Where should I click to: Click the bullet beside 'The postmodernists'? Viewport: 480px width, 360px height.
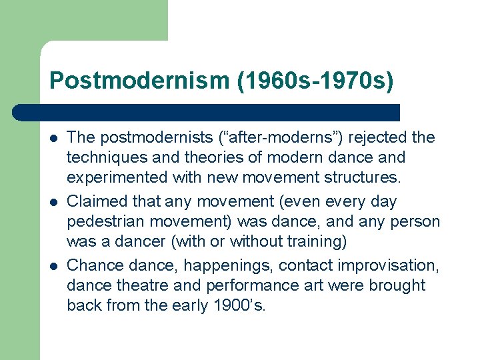click(x=53, y=138)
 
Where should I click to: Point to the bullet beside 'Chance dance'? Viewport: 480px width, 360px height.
click(x=53, y=265)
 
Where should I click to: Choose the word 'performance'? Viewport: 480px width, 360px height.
click(x=244, y=286)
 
